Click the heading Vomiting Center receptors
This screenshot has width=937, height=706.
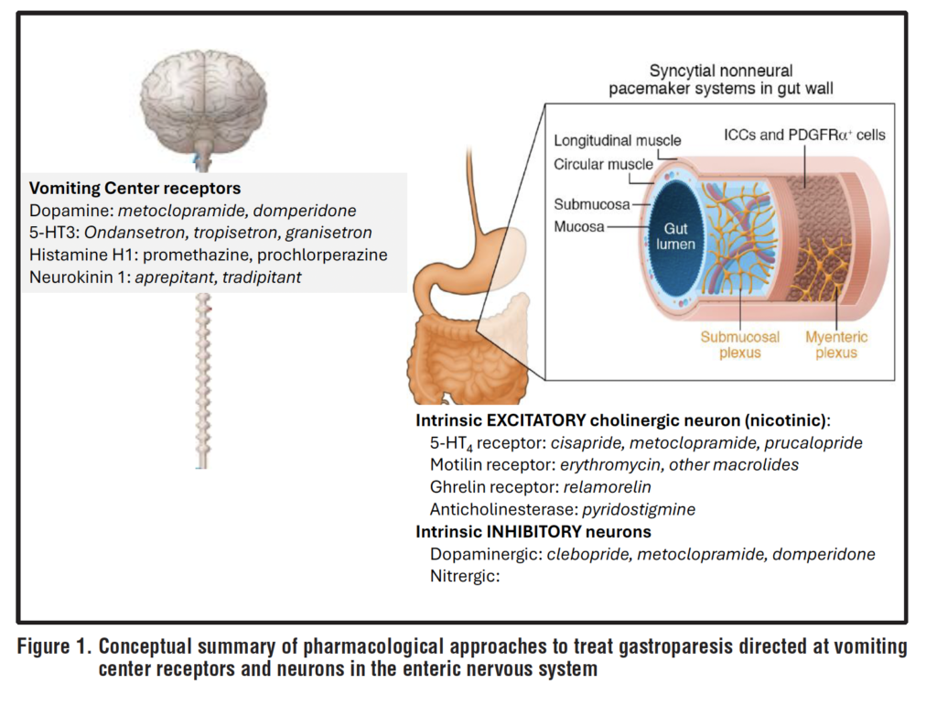pos(135,189)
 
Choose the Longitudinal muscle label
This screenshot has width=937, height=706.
pos(618,140)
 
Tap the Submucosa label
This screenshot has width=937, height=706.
pos(591,203)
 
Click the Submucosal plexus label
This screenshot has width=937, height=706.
pos(740,344)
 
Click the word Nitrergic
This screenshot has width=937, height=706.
pos(464,576)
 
